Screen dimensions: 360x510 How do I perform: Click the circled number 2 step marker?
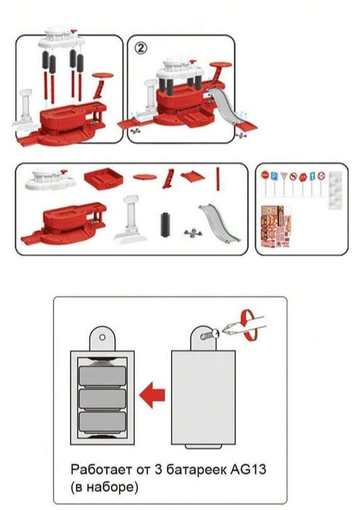coord(141,49)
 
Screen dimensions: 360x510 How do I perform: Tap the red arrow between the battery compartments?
coord(152,395)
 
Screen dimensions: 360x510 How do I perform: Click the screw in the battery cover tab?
coord(210,335)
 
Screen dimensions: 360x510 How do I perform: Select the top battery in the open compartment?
coord(102,376)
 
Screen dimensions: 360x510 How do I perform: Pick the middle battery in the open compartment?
coord(102,399)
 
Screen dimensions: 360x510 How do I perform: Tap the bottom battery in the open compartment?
coord(102,422)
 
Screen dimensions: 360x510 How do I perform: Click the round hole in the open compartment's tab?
coord(102,337)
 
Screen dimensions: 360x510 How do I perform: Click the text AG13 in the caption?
coord(248,469)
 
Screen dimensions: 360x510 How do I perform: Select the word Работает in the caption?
coord(102,469)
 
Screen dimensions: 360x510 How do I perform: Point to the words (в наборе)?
coord(104,487)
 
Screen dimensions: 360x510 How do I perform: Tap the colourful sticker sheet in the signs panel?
coord(275,226)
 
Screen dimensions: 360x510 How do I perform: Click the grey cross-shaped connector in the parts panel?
coord(193,233)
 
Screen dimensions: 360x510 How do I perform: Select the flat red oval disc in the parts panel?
coord(145,177)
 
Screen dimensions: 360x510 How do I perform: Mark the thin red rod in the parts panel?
coord(218,179)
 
